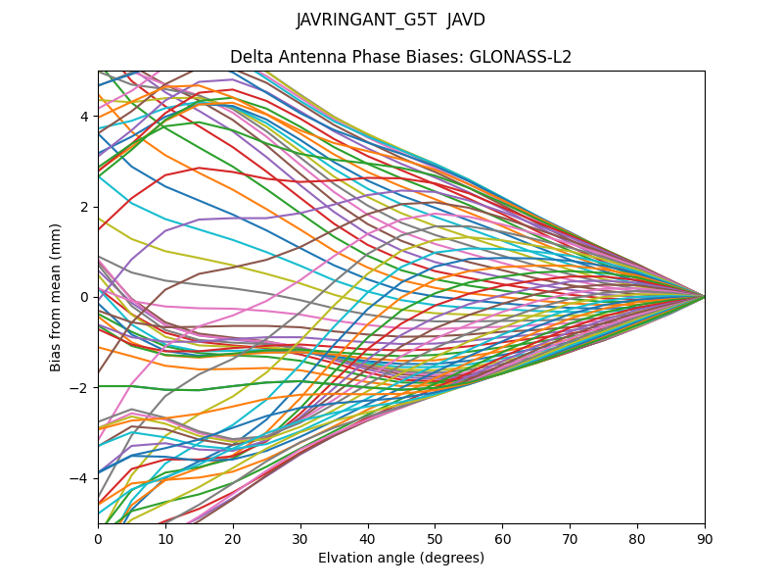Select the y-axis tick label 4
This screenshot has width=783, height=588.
[x=84, y=117]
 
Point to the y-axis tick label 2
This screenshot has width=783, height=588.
[x=84, y=207]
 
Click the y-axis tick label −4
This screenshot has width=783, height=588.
[x=80, y=478]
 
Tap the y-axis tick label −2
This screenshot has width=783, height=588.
[x=80, y=388]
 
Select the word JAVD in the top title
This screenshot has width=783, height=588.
[x=467, y=20]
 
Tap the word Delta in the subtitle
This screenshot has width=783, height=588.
[x=251, y=57]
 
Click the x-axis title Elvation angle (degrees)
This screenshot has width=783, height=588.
[x=401, y=558]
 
